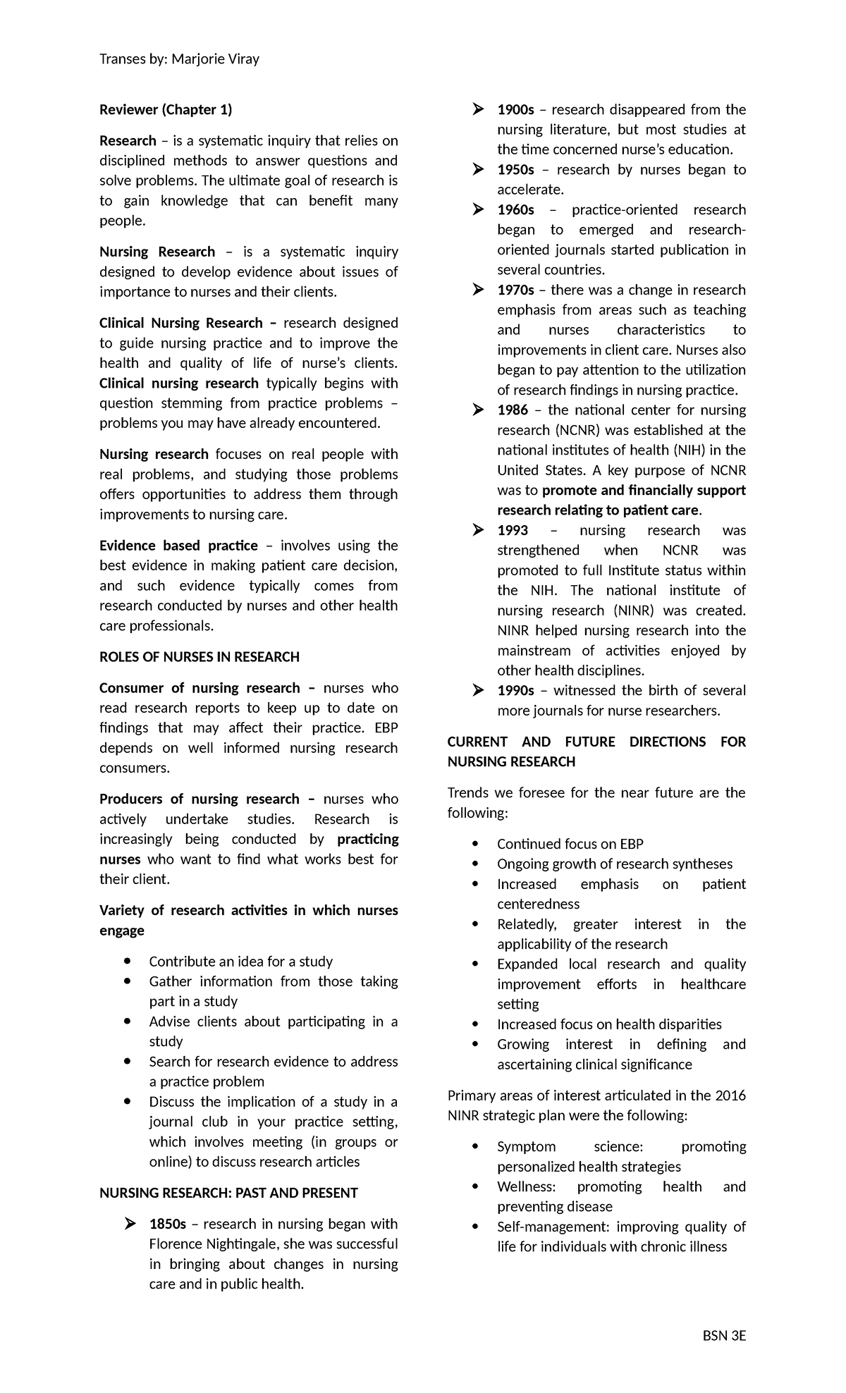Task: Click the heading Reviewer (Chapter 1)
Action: [166, 109]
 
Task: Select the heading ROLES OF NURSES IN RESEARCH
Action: [200, 657]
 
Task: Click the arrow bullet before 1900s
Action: [478, 110]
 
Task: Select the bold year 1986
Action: [513, 410]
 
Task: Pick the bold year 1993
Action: [513, 530]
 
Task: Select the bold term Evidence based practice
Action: [178, 546]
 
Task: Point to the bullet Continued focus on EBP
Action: [570, 844]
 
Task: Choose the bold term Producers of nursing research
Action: [200, 799]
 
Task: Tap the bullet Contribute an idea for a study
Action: [240, 962]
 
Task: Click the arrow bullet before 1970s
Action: [478, 290]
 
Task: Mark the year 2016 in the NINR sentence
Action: [730, 1096]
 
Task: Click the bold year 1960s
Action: [515, 210]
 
